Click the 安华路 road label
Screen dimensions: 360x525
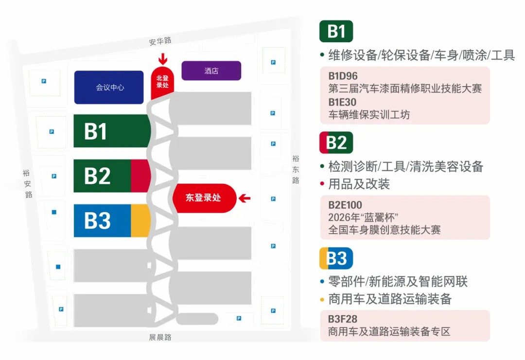click(x=160, y=41)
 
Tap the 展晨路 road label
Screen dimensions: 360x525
click(x=160, y=337)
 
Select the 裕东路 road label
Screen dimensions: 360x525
click(x=296, y=169)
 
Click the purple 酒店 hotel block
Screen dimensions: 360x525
click(x=211, y=71)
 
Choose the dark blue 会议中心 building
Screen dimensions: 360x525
click(x=109, y=88)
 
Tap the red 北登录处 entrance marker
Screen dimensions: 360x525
click(x=162, y=82)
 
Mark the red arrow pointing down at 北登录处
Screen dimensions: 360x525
click(x=163, y=59)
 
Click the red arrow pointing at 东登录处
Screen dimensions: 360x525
click(x=245, y=198)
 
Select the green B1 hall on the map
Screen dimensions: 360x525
click(x=111, y=131)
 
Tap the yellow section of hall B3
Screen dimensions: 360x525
click(x=140, y=220)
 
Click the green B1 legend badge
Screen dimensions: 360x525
click(x=336, y=31)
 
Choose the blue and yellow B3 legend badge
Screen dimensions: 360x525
click(x=336, y=258)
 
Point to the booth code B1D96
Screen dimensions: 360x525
click(x=343, y=76)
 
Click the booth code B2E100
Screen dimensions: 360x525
click(x=345, y=205)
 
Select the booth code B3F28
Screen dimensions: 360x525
click(x=343, y=320)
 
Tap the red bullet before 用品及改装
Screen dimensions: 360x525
click(x=322, y=184)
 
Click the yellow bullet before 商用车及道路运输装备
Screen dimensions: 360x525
click(x=322, y=299)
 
